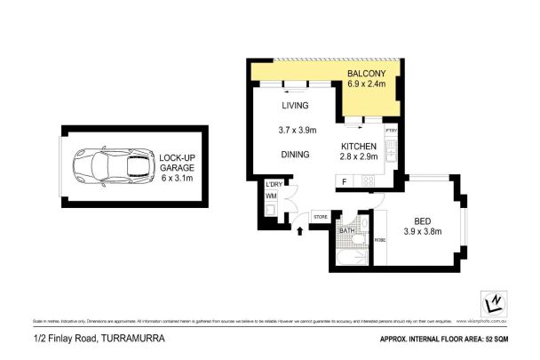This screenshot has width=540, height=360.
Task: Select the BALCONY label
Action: click(x=365, y=73)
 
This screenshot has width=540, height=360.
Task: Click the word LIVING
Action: click(x=294, y=106)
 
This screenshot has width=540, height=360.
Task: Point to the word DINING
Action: click(x=295, y=154)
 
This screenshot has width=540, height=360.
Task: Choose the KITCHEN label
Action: click(x=360, y=146)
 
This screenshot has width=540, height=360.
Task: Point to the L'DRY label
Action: click(x=273, y=184)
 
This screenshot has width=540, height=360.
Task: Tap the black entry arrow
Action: click(x=299, y=231)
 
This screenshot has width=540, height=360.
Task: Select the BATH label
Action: click(x=347, y=231)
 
